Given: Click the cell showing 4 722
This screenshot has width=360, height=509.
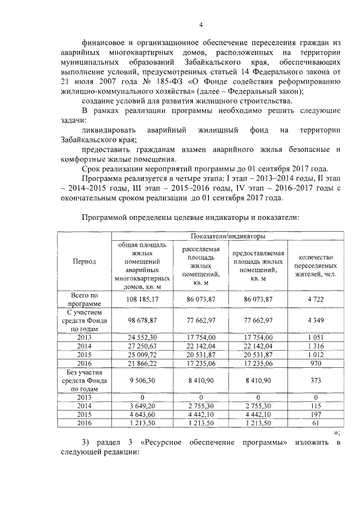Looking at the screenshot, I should [x=316, y=299].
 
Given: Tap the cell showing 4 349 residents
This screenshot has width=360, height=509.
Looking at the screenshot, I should [x=316, y=319].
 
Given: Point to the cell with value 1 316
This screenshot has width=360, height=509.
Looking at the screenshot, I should [x=316, y=345].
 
